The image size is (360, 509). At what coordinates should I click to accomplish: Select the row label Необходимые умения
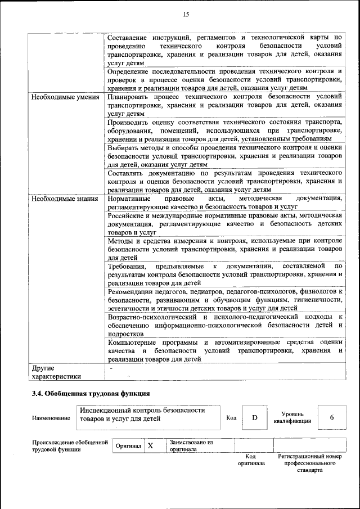click(x=65, y=97)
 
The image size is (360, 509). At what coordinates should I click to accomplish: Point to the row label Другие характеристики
click(x=56, y=372)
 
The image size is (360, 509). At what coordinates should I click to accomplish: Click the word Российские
click(x=128, y=216)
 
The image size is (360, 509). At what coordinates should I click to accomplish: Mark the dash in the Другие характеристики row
click(x=111, y=368)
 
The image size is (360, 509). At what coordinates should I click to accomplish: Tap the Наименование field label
click(x=51, y=418)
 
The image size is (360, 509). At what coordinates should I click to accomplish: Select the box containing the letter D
click(x=254, y=417)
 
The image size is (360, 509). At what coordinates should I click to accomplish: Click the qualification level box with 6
click(x=331, y=417)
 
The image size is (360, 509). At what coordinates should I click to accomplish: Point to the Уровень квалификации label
click(x=292, y=417)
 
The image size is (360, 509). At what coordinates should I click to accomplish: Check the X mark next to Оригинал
click(x=150, y=446)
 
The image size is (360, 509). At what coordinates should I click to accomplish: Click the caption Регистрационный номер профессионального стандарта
click(x=310, y=463)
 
